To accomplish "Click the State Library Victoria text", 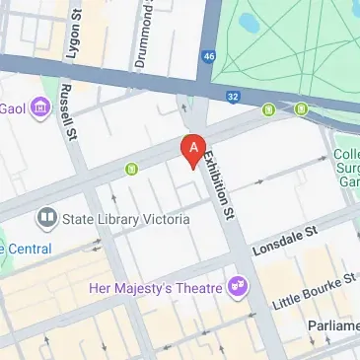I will pyautogui.click(x=125, y=219).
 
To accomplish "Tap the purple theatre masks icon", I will pyautogui.click(x=236, y=287).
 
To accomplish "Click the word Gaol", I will pyautogui.click(x=13, y=108).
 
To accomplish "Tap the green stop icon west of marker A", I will pyautogui.click(x=128, y=169).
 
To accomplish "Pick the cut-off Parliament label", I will pyautogui.click(x=328, y=326).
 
